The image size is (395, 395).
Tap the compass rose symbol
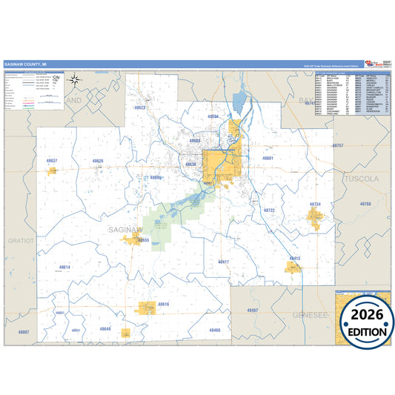click(x=76, y=80)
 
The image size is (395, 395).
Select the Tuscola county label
click(x=361, y=179)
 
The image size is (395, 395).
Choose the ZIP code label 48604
click(x=213, y=117)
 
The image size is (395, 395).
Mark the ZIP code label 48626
click(x=98, y=161)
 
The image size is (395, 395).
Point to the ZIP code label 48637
click(x=51, y=160)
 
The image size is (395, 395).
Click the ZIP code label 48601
click(x=268, y=159)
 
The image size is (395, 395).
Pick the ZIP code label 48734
click(x=315, y=204)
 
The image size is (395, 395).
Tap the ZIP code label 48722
click(x=269, y=210)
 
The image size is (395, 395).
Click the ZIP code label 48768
click(x=365, y=203)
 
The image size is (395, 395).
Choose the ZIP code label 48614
click(x=65, y=267)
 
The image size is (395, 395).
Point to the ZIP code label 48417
click(x=223, y=262)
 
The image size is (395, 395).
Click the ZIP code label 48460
click(x=214, y=330)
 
